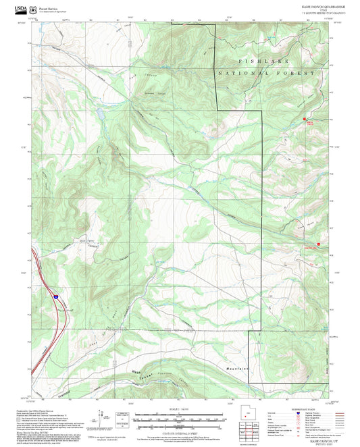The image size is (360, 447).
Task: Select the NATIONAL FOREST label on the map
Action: point(266,72)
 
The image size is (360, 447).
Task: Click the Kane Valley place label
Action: point(86,240)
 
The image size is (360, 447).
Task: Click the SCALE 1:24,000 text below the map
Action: point(179,409)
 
